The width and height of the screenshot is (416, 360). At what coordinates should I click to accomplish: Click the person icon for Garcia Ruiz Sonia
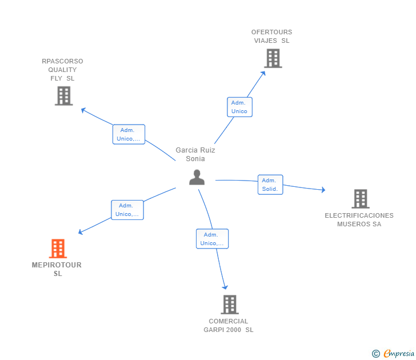point(197,177)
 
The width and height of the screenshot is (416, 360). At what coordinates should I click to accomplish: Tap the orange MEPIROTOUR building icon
point(58,249)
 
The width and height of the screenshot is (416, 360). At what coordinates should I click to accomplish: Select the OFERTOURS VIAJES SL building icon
point(273,58)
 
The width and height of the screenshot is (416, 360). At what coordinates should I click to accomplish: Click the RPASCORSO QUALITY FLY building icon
point(63,96)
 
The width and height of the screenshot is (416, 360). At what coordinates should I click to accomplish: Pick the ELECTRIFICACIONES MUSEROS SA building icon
point(361,199)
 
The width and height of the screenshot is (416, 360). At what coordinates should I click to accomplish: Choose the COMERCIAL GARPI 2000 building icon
point(230,305)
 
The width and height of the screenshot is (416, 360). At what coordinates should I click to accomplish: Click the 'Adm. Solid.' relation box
point(270,185)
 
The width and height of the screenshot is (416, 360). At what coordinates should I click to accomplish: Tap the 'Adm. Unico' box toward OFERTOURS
point(239,107)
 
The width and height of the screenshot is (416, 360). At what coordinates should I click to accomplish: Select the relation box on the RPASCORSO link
point(129,134)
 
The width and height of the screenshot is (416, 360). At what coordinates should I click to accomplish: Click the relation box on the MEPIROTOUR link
point(127,210)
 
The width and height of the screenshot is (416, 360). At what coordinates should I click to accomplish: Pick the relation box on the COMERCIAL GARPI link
point(212,239)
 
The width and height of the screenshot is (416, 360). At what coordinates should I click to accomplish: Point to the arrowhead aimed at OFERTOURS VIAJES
point(263,73)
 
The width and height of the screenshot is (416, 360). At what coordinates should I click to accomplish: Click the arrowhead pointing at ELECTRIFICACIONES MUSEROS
point(323,190)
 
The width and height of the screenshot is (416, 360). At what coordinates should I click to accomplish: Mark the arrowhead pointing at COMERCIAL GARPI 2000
point(225,287)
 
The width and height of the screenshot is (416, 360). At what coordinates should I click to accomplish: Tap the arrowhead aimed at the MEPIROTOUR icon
point(81,232)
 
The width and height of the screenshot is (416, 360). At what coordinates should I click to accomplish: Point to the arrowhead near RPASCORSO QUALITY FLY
point(83,110)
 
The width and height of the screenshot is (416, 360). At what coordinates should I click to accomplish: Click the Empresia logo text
point(399,353)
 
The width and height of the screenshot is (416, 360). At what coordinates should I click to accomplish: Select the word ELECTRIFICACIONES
point(359,215)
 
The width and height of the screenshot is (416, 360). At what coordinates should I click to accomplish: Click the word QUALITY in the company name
point(62,70)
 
